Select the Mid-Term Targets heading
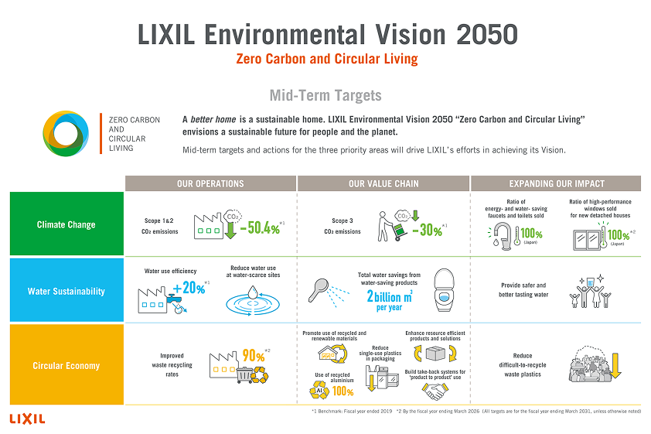tap(325, 95)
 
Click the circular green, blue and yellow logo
tap(66, 132)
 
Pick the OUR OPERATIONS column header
tap(210, 183)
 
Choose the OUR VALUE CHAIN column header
tap(383, 183)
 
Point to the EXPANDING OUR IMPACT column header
tap(556, 183)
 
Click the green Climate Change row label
tap(66, 224)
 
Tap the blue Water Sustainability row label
tap(66, 291)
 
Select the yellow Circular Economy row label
tap(66, 365)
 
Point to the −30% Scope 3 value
tap(426, 229)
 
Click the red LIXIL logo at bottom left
tap(27, 419)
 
